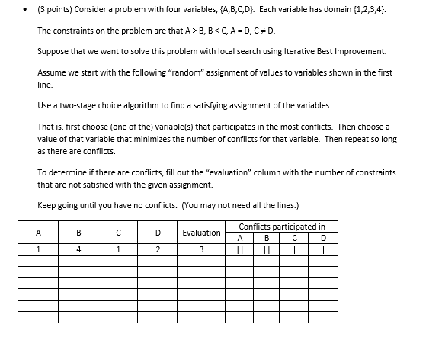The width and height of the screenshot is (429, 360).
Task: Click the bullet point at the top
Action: (x=25, y=12)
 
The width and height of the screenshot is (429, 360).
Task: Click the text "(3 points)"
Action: (x=56, y=12)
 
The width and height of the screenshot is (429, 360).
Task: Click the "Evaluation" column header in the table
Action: (x=201, y=232)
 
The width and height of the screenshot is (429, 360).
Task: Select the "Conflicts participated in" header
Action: (x=281, y=226)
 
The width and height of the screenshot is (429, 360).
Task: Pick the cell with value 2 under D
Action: (x=157, y=249)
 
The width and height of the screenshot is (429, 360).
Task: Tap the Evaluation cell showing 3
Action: (x=201, y=249)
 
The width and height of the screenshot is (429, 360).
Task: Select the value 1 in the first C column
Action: (x=119, y=249)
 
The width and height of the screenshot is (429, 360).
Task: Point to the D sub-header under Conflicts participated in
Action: (x=324, y=237)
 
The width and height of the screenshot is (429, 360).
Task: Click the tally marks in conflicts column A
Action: (x=239, y=249)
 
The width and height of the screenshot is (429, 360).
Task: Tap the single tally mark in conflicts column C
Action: (x=295, y=249)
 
